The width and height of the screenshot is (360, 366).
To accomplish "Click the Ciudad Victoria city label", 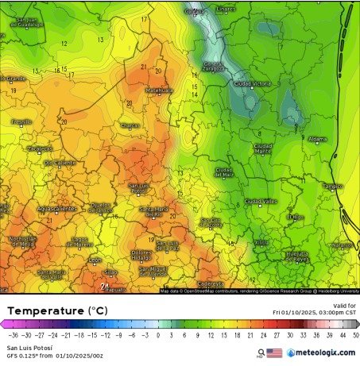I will pos(253,83).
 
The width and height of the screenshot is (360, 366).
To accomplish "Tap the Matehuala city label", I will pos(159,91).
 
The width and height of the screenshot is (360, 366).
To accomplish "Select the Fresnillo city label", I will pos(21,121).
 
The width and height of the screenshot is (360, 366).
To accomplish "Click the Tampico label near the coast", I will pos(332,187).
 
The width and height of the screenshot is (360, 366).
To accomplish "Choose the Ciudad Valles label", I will pos(264,202).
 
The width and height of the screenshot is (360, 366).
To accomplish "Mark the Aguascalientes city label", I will pos(57,209).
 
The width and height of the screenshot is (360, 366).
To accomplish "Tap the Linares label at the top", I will pos(226,10).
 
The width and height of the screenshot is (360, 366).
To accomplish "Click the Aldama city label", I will pos(317,139).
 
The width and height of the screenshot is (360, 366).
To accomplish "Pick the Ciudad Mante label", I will pos(262,148).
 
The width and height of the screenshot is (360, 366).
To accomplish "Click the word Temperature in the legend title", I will pos(45,310).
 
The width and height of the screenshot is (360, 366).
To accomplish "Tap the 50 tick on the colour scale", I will pos(355,335).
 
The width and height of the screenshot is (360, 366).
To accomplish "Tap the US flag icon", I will pos(274,353).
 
